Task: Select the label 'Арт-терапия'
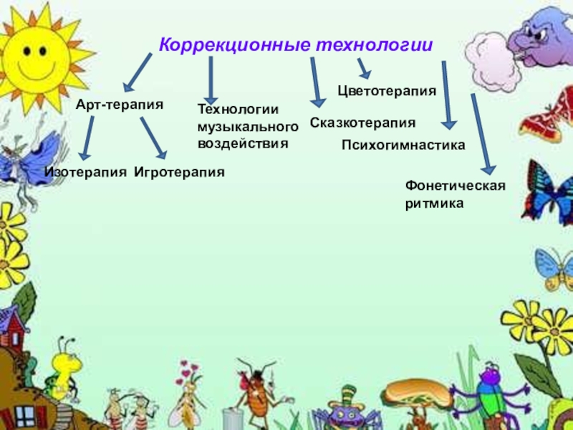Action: pos(120,105)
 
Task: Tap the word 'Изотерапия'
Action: pos(86,172)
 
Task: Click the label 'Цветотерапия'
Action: pos(387,92)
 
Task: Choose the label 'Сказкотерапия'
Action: pos(362,123)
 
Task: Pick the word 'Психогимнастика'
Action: pos(403,145)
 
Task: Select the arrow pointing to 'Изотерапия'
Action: pos(88,138)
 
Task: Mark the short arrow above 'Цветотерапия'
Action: pos(363,69)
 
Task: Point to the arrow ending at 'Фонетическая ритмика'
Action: pos(481,133)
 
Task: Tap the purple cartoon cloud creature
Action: pos(541,36)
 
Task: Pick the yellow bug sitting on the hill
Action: pos(65,365)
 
